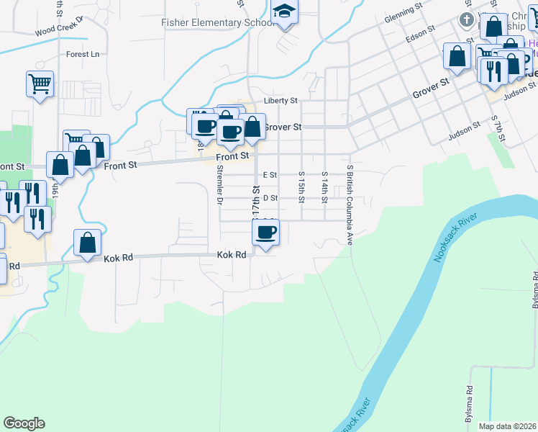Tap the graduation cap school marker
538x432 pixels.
pos(285,13)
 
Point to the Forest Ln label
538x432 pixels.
pos(82,54)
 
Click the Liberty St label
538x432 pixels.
pos(281,101)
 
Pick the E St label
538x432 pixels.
pos(270,174)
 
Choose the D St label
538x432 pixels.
pos(270,197)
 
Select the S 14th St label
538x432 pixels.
pos(324,186)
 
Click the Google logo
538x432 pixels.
pos(24,423)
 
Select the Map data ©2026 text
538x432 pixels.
pos(507,426)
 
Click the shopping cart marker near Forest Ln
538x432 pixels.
pos(40,84)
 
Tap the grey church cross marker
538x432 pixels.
pos(466,19)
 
